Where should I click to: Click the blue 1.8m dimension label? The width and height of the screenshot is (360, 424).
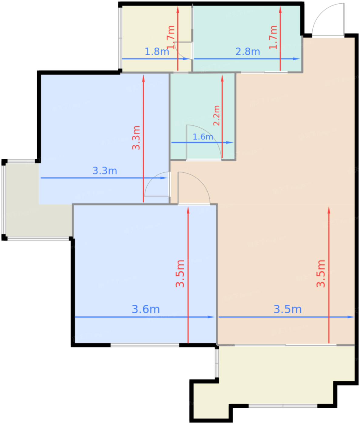click(x=157, y=51)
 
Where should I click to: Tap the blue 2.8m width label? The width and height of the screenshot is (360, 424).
click(x=248, y=51)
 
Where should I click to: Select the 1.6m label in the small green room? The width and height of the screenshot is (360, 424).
click(x=203, y=137)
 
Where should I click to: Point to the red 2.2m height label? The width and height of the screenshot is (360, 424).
click(x=217, y=115)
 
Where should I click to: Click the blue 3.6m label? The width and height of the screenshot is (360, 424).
click(x=146, y=309)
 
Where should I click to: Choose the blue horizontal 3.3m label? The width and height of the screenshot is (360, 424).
click(x=105, y=171)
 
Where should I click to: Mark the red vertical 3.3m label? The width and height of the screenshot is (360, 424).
click(x=136, y=137)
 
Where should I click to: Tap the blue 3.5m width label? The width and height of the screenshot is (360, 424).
click(x=288, y=309)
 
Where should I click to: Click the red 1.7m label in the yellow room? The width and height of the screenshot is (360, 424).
click(x=171, y=37)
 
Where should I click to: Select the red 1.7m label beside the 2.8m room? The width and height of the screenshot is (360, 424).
click(x=273, y=37)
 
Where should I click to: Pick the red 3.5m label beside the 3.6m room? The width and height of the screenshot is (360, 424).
click(x=180, y=273)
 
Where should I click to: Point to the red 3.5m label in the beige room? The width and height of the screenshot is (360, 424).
click(x=321, y=273)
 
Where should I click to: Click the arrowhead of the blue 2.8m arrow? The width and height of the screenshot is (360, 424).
click(x=296, y=59)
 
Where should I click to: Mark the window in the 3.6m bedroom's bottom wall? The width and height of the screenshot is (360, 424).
click(x=145, y=345)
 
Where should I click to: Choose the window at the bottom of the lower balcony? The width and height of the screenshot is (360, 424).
click(x=283, y=406)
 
